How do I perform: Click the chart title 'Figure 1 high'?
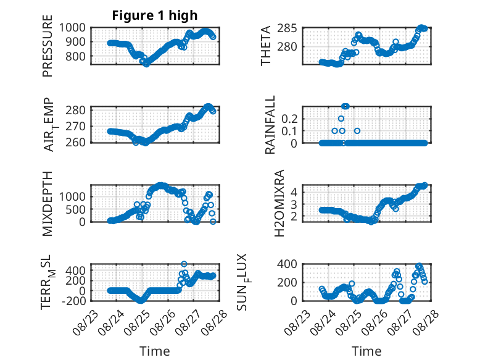(155, 15)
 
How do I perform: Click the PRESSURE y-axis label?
(48, 46)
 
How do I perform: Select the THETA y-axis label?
(266, 46)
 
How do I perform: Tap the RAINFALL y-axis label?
(270, 125)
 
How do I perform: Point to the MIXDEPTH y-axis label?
(48, 204)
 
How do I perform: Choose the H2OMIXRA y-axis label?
(279, 203)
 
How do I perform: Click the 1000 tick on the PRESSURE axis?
(72, 28)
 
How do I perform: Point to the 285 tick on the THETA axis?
(287, 28)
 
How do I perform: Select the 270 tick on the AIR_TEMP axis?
(76, 126)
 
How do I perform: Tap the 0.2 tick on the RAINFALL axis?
(289, 119)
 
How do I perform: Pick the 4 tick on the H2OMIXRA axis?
(294, 193)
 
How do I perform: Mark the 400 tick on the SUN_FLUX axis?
(287, 264)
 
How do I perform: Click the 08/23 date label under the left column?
(85, 322)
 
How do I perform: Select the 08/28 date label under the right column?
(426, 322)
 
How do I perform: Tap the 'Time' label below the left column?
(155, 351)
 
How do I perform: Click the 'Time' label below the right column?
(366, 351)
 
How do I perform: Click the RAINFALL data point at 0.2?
(341, 119)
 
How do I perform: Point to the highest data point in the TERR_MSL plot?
(184, 264)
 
